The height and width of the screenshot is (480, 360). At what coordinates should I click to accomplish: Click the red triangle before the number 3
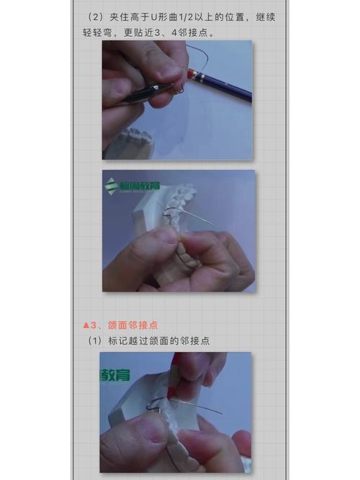(87, 325)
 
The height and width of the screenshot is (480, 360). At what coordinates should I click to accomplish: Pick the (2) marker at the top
(94, 16)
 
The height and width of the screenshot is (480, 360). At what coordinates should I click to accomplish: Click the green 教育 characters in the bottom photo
(117, 374)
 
